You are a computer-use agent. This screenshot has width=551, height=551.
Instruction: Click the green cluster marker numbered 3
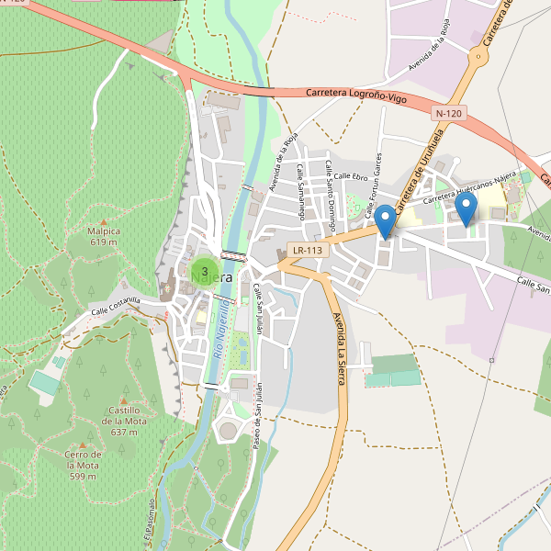coord(204,271)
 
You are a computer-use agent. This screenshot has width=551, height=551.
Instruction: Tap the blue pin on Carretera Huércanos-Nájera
coord(467,209)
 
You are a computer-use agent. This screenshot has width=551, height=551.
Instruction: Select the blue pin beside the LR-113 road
coord(386,221)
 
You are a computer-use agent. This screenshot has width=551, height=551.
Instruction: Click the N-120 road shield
coord(449,113)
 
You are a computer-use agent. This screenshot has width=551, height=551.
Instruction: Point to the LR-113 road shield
coord(307,250)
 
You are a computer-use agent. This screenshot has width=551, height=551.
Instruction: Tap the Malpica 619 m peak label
coord(103,237)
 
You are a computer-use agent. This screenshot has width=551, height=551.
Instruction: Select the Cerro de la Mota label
coord(83,465)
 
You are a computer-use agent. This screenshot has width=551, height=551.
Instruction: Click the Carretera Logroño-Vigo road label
coord(357,95)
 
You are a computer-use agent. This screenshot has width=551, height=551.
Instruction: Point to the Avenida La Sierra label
coord(340,349)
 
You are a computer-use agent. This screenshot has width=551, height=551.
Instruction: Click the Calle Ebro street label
coord(350,176)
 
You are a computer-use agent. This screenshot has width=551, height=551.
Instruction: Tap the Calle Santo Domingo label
coord(329,189)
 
